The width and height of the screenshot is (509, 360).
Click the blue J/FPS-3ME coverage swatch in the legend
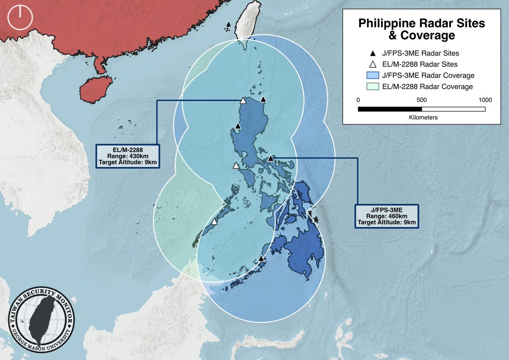point(372,75)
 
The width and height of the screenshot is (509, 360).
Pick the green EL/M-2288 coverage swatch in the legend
point(372,87)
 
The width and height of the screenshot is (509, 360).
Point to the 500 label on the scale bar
point(422,100)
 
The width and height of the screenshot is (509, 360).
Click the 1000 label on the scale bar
point(485,100)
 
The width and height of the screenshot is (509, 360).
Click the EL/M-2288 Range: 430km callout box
point(129,156)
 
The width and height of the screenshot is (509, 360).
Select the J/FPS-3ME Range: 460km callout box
point(386,216)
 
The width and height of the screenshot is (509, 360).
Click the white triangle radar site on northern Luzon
point(243,101)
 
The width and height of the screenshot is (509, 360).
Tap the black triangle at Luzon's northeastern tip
point(263,100)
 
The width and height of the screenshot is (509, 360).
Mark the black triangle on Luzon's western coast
point(238,126)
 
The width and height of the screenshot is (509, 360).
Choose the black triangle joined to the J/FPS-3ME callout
point(271,159)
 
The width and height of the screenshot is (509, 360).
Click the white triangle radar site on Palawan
point(214,222)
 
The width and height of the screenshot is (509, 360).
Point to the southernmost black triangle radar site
point(261,259)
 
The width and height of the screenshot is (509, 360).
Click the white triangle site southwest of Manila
point(236,166)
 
